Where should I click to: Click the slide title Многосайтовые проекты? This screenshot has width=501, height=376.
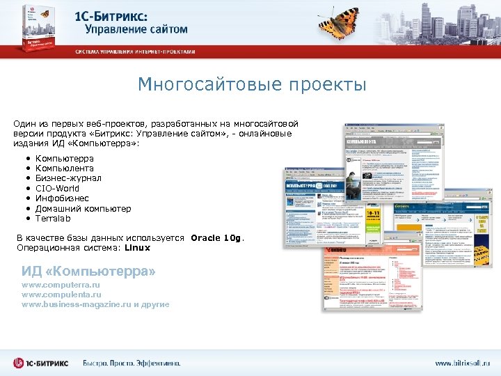coord(251,85)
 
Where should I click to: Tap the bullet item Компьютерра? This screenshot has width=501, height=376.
coord(64,159)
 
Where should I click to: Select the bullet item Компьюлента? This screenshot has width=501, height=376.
coord(64,169)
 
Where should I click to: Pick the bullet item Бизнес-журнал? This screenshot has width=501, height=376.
coord(68,179)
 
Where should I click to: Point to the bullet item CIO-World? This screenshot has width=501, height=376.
coord(57,189)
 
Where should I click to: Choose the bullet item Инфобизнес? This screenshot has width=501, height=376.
coord(62,198)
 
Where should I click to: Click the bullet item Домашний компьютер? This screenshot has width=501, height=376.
coord(83,208)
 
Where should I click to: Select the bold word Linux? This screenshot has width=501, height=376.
coord(136,248)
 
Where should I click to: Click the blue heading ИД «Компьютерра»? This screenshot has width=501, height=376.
coord(88,270)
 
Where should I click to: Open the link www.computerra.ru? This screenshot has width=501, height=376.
coord(61,285)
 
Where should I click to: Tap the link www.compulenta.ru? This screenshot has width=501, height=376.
coord(61,295)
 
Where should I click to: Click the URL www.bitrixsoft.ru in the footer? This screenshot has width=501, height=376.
coord(461,363)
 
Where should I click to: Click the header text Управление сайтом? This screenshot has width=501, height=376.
coord(136,30)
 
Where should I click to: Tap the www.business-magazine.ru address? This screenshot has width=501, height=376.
coord(77,305)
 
